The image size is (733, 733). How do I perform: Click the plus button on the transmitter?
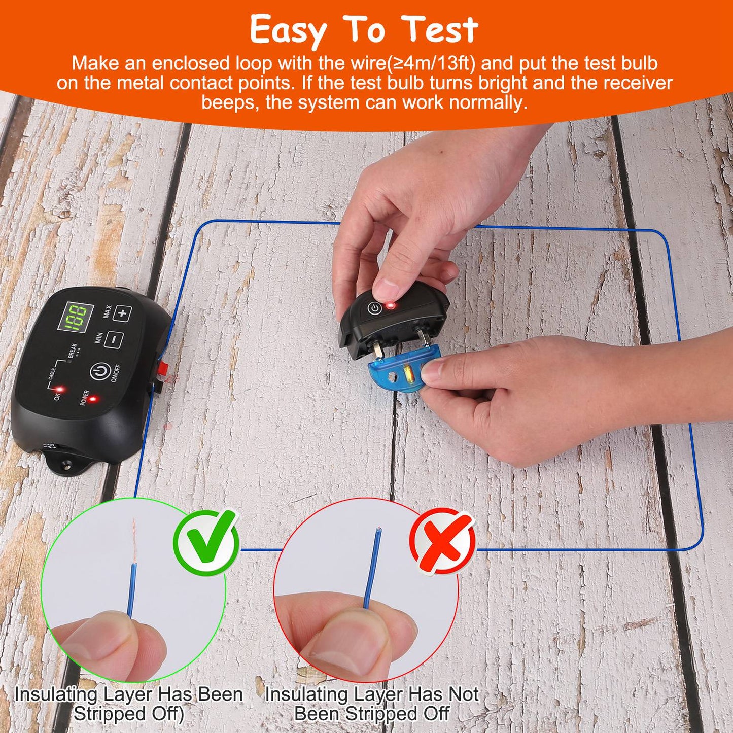122,313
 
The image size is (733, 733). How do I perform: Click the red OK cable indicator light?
59,390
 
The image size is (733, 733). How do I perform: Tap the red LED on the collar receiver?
391,305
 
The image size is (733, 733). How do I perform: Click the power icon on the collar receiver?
374,308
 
